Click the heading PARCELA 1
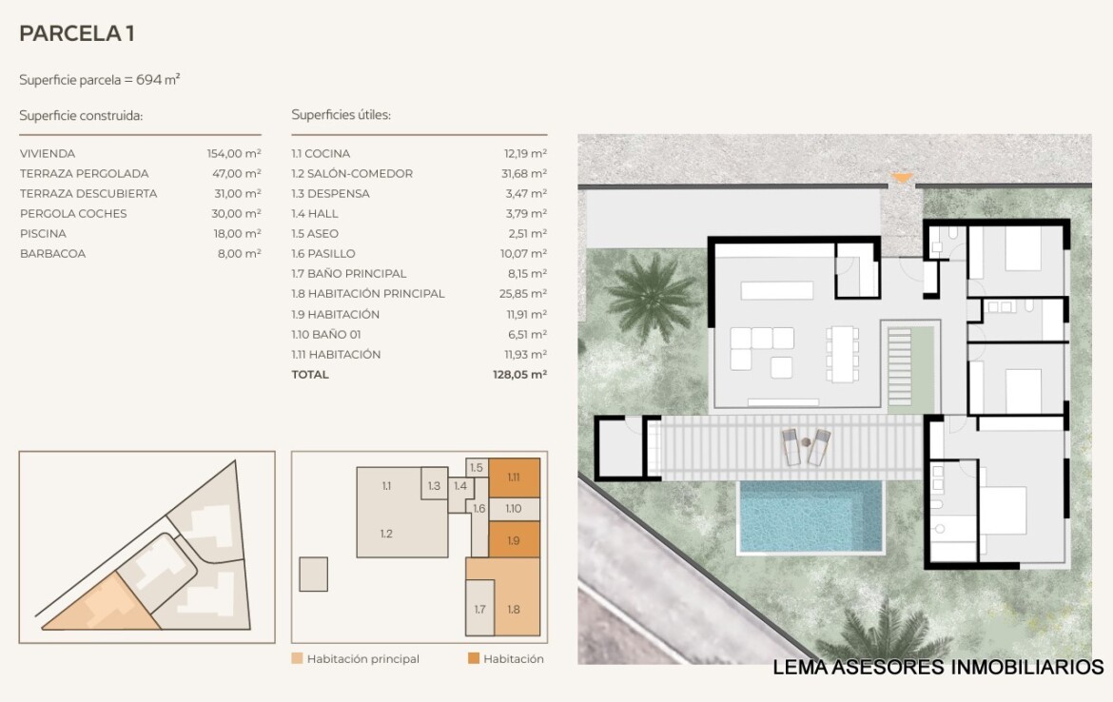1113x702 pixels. coord(77,33)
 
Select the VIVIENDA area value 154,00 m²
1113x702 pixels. coord(234,153)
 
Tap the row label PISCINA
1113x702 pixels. coord(43,234)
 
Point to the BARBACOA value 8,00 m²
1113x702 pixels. coord(239,253)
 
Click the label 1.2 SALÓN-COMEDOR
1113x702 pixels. coord(352,173)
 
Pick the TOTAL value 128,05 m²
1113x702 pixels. coord(519,374)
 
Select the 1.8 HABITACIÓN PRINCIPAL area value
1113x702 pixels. coord(522,293)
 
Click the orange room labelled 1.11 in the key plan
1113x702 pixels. coord(514,477)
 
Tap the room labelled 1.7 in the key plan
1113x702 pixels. coord(479,609)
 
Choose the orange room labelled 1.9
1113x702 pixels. coord(514,540)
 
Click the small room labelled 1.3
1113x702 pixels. coord(435,485)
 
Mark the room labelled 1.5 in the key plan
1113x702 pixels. coord(477,468)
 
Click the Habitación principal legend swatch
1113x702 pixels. coord(298,658)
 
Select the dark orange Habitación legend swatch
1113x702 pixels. coord(474,658)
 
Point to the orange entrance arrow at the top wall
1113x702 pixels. coord(902,178)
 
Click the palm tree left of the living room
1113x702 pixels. coord(650,297)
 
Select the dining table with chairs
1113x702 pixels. coord(843,354)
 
